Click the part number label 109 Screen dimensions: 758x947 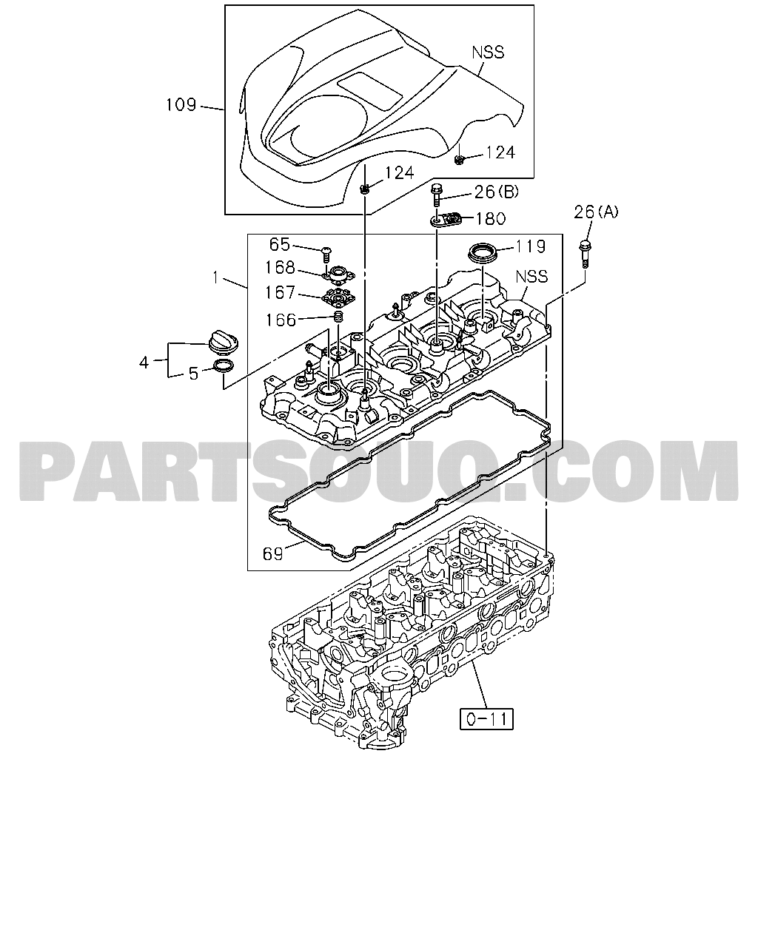pos(181,105)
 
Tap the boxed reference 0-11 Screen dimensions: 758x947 pos(486,719)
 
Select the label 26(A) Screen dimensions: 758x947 pos(595,212)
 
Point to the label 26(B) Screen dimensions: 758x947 pos(497,192)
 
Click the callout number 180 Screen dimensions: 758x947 pos(491,219)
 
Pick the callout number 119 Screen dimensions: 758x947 pos(530,246)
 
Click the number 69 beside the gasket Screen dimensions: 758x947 pos(272,553)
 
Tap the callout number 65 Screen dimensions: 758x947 pos(280,245)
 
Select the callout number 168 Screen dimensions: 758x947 pos(280,268)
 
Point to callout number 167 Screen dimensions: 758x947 pos(280,293)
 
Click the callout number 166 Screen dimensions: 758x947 pos(281,320)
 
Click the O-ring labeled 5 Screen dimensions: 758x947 pos(224,365)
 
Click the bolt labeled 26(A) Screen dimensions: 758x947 pos(585,254)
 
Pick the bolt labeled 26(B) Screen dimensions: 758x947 pos(436,195)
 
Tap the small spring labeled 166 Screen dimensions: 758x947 pos(339,316)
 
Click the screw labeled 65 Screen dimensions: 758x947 pos(326,255)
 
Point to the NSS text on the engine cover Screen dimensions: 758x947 pos(488,53)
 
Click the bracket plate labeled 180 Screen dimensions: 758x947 pos(446,219)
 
